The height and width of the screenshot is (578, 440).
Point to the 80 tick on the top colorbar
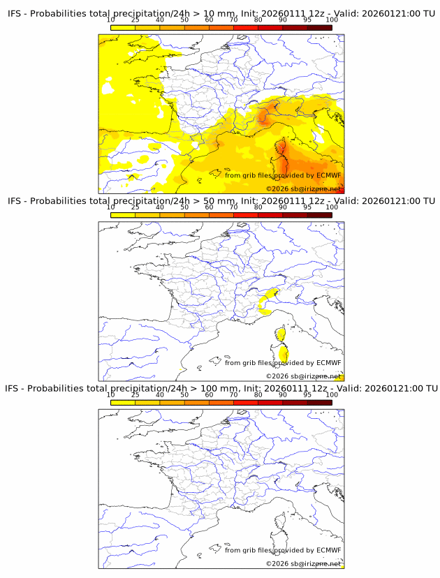coord(258,20)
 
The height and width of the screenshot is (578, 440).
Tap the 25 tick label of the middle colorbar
coord(135,207)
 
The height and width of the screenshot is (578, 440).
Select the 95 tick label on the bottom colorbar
coord(307,394)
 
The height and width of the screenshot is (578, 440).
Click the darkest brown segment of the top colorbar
coord(319,27)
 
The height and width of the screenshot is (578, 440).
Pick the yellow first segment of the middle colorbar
coord(123,215)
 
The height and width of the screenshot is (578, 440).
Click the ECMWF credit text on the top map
coord(283,175)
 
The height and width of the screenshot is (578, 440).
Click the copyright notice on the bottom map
coord(304,563)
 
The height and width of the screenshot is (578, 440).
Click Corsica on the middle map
coord(281,345)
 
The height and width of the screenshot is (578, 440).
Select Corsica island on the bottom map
coord(281,532)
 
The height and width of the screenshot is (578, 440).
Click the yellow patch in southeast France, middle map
coord(268,299)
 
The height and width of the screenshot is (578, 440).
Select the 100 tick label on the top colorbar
coord(332,20)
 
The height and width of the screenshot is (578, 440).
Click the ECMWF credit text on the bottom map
coord(283,549)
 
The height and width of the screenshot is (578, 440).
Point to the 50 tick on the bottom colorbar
coord(184,394)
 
